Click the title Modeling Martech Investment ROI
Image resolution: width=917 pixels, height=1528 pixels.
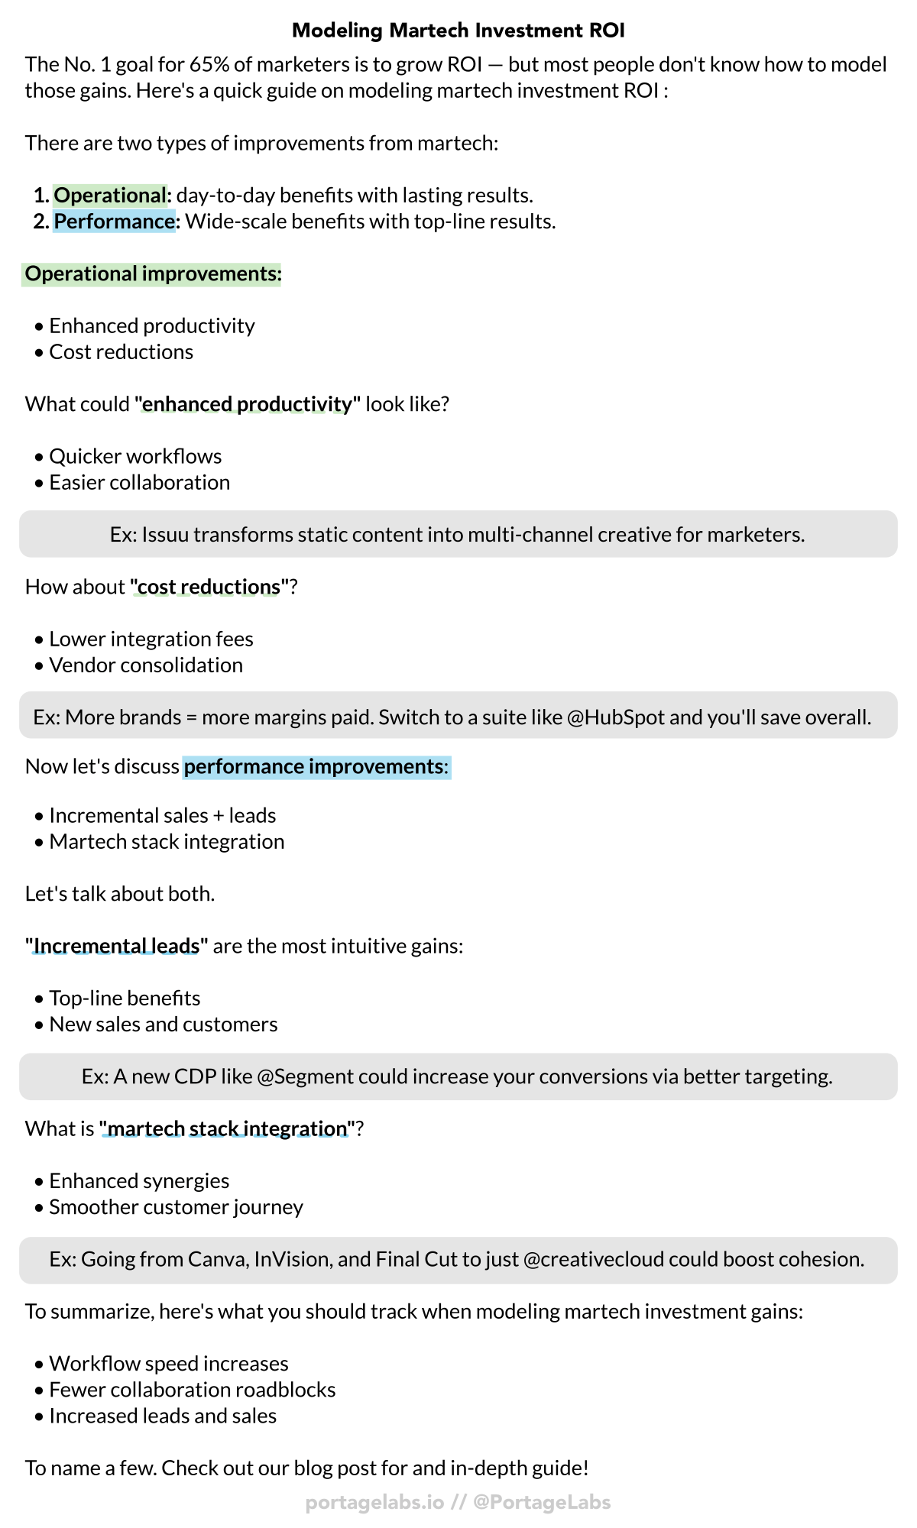coord(458,31)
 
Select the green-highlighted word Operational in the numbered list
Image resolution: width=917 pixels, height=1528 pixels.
coord(110,196)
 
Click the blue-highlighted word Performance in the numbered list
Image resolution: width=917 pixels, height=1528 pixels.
coord(115,222)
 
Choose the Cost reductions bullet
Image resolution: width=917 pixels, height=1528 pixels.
coord(121,352)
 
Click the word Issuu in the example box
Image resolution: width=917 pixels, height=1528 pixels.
coord(164,535)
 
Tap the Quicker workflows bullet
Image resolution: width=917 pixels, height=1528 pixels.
coord(135,457)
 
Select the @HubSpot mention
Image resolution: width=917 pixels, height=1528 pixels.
coord(616,717)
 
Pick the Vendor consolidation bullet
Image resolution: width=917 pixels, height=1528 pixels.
coord(146,665)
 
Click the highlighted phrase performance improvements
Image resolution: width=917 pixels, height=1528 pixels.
coord(313,766)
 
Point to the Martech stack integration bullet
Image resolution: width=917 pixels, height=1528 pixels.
coord(167,842)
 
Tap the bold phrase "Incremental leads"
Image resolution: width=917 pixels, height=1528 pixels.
coord(116,947)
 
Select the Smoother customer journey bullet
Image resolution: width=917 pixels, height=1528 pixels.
coord(176,1207)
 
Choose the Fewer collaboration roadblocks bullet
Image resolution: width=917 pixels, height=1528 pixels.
coord(193,1390)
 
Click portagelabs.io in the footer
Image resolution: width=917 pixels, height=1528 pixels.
coord(374,1502)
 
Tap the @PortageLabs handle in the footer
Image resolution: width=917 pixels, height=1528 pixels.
coord(542,1502)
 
